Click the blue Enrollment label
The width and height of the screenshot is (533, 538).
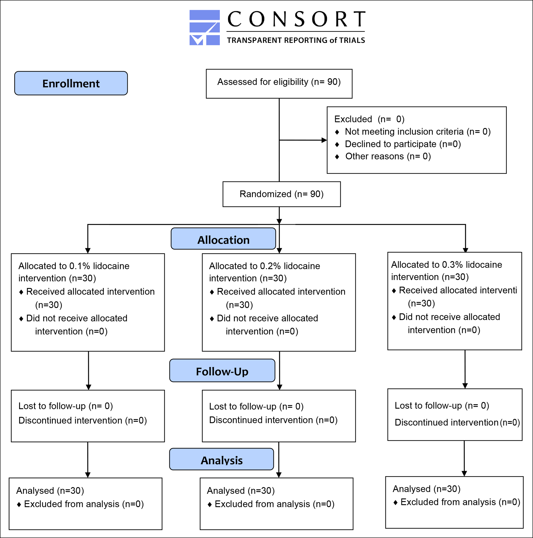click(x=71, y=83)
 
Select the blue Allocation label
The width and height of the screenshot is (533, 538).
click(x=223, y=239)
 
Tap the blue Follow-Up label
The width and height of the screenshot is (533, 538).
click(x=222, y=370)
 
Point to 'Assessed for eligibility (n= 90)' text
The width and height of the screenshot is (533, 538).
click(x=279, y=82)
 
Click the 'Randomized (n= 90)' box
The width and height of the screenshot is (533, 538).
click(x=282, y=194)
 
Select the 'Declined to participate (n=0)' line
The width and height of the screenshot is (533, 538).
click(x=403, y=144)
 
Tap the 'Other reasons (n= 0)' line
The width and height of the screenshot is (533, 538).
click(x=388, y=156)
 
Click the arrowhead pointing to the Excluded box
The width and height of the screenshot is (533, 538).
click(x=324, y=140)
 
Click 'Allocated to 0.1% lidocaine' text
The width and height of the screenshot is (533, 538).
click(x=74, y=266)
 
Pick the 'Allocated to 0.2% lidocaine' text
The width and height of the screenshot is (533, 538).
click(x=265, y=266)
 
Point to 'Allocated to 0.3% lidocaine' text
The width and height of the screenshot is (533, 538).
click(x=446, y=264)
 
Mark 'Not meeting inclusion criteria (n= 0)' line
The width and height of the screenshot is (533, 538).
click(x=418, y=131)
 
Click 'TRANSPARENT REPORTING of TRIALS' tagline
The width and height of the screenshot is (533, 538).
click(x=296, y=40)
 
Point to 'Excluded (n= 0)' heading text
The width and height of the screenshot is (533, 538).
click(x=369, y=119)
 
